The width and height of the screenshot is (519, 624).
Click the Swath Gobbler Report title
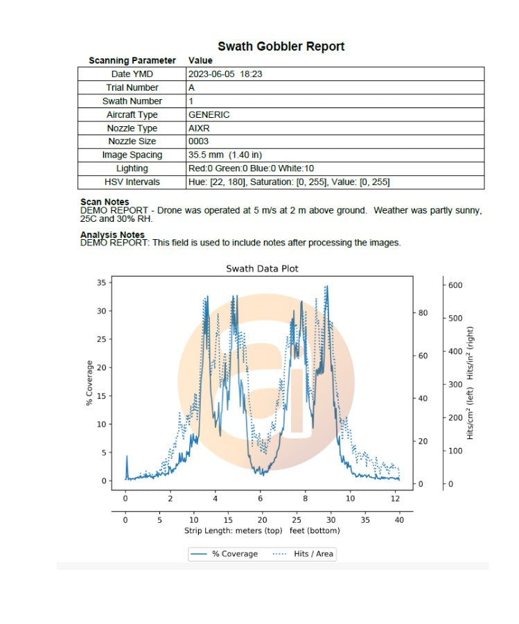click(281, 46)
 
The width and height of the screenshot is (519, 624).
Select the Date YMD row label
click(132, 74)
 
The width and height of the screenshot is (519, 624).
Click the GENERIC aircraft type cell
click(209, 114)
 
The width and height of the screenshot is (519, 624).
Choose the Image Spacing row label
click(132, 155)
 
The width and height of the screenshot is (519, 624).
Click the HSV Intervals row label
click(132, 182)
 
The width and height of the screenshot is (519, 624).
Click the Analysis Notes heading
click(112, 235)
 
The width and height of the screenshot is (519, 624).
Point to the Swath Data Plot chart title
click(262, 268)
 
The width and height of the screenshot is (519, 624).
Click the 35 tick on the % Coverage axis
click(101, 282)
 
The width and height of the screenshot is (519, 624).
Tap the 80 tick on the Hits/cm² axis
click(423, 313)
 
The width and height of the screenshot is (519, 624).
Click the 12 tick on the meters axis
click(395, 498)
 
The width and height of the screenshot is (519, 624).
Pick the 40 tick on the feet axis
click(398, 519)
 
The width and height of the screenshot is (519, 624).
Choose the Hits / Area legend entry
click(305, 554)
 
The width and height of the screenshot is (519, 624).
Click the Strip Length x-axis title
click(262, 531)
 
